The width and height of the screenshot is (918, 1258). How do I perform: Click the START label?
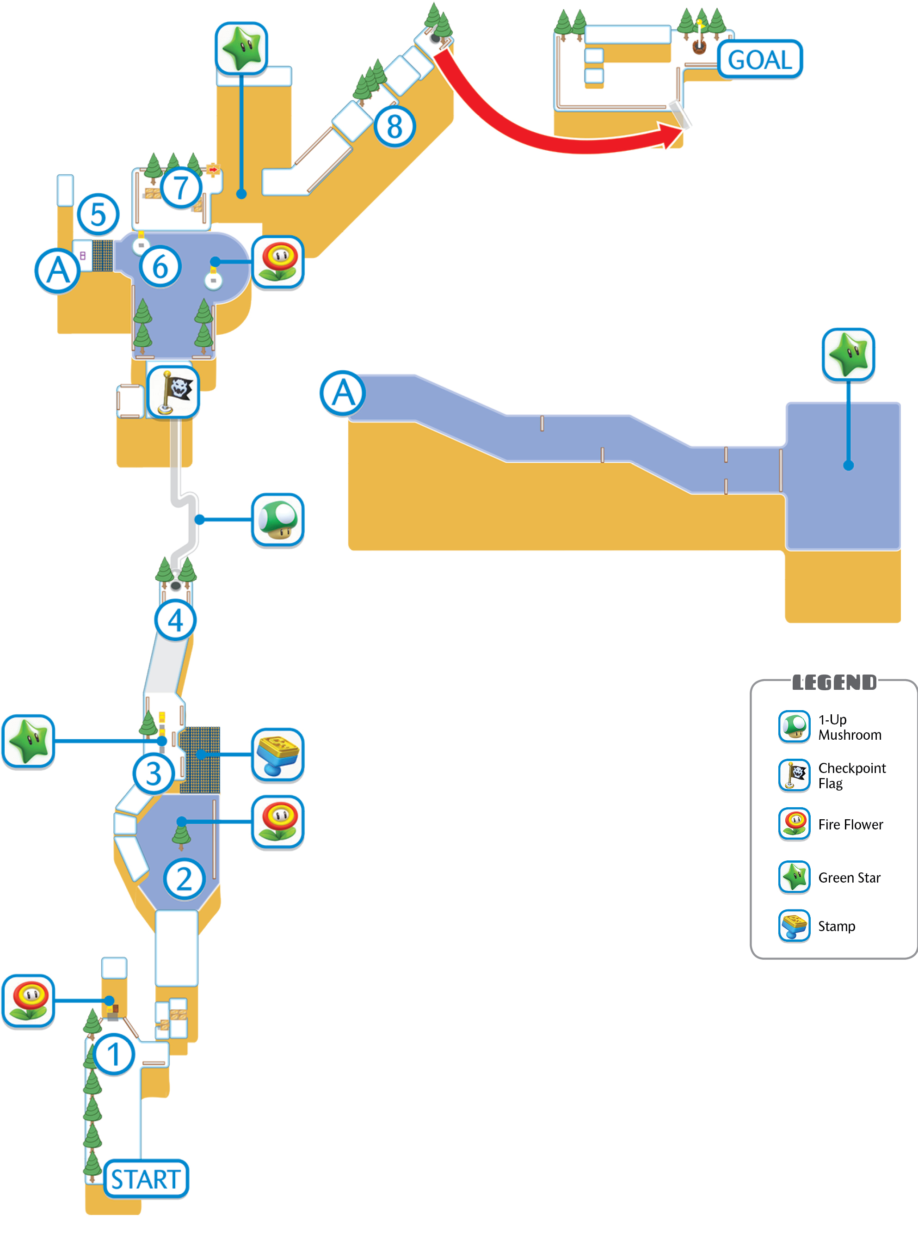[146, 1178]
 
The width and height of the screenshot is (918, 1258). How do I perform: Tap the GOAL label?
[760, 60]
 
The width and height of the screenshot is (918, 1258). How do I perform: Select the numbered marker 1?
[114, 1054]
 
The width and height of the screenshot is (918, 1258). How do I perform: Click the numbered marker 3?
[154, 773]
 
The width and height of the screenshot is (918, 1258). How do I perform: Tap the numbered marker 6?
[160, 267]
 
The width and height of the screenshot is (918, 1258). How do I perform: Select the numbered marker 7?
[181, 188]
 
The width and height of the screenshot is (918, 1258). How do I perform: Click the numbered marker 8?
[394, 126]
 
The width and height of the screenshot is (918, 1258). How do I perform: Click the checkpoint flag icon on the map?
[173, 392]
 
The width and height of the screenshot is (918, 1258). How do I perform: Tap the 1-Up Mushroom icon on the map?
[278, 520]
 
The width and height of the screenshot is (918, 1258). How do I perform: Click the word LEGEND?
[834, 682]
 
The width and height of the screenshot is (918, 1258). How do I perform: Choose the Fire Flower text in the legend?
[850, 824]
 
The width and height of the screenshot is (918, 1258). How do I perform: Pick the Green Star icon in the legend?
[794, 877]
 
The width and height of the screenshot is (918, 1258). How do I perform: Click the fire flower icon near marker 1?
[28, 1001]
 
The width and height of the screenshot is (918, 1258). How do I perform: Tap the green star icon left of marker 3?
[28, 742]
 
